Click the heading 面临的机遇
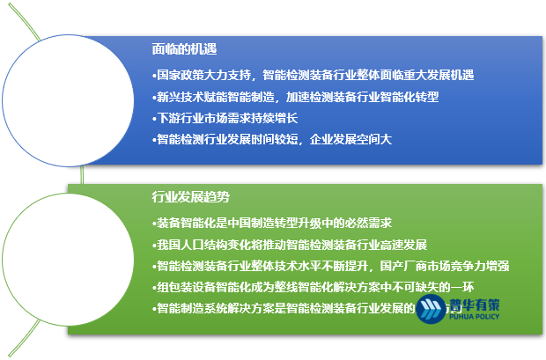(x=185, y=49)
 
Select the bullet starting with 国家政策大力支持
(x=314, y=76)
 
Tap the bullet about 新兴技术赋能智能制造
(x=295, y=97)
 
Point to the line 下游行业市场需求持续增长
(x=225, y=118)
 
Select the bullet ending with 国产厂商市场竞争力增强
(x=331, y=265)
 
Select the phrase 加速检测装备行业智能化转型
(x=370, y=97)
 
